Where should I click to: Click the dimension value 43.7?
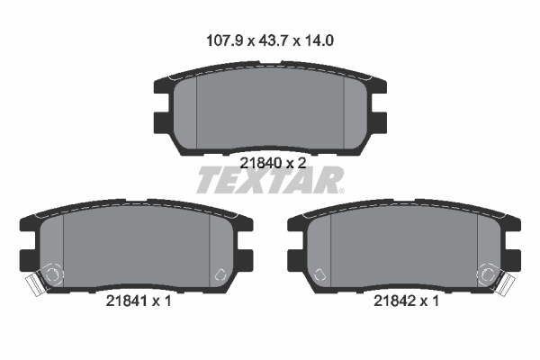pyautogui.click(x=268, y=40)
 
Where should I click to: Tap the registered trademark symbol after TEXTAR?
pyautogui.click(x=339, y=190)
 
